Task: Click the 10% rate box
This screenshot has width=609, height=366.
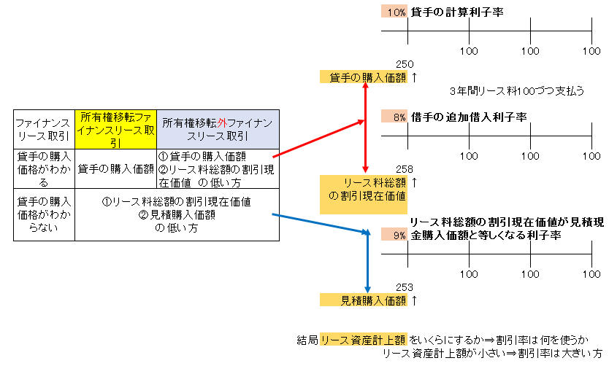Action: (394, 12)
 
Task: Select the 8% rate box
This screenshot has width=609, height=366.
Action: (394, 117)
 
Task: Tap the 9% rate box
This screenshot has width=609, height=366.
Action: (394, 235)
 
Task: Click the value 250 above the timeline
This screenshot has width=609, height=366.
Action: (405, 64)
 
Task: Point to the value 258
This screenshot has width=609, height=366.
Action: (405, 169)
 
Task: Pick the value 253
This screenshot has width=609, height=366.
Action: (405, 287)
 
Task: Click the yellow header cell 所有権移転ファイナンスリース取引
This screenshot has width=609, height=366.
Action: (115, 129)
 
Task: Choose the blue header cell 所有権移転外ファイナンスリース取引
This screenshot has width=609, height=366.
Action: (218, 129)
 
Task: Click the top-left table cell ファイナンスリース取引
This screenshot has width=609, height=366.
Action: (44, 129)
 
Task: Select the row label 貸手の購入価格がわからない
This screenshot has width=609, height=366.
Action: (44, 214)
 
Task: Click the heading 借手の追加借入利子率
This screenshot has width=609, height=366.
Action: (468, 117)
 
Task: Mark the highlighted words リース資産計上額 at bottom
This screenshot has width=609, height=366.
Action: (363, 340)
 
